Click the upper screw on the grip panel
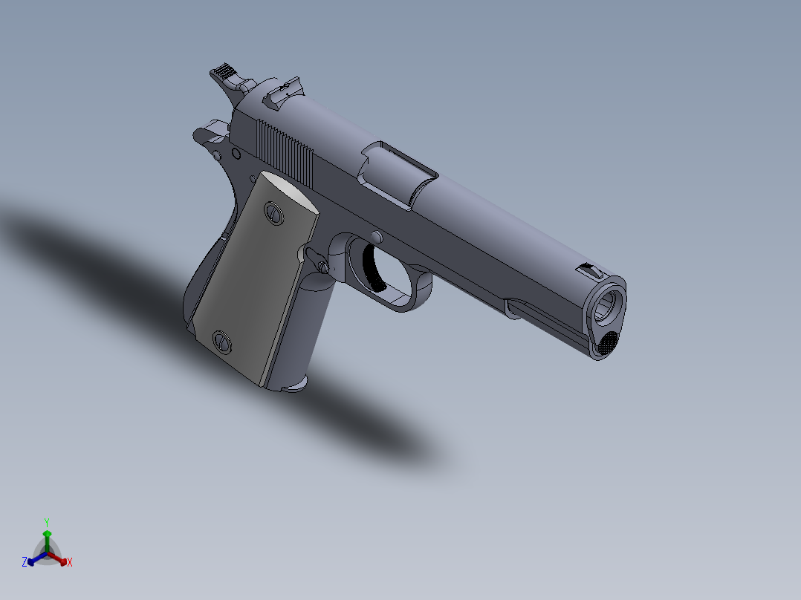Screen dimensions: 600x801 (273, 212)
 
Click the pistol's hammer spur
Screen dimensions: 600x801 (223, 74)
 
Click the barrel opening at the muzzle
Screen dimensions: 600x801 (608, 304)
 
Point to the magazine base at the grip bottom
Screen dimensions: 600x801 (294, 385)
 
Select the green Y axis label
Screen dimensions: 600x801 (46, 522)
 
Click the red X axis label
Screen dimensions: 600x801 (69, 562)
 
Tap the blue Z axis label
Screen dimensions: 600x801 (25, 562)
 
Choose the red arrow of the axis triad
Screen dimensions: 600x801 (61, 559)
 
